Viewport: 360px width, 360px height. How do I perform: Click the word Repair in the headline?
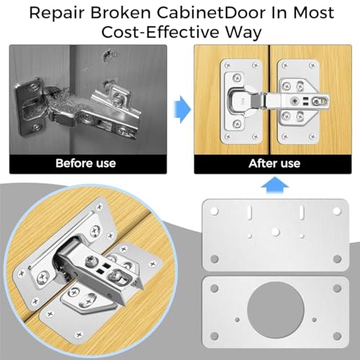57,13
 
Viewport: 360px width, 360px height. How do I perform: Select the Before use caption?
86,163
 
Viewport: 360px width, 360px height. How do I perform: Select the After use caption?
274,163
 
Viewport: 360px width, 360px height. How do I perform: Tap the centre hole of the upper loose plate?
276,232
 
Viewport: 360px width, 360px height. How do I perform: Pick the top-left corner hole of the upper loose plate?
215,211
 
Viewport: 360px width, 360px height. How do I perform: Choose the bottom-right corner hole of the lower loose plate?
337,336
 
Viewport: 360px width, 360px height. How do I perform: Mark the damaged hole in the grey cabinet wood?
109,56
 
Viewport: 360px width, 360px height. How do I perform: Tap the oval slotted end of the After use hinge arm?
320,102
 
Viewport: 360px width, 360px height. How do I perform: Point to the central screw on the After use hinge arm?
294,101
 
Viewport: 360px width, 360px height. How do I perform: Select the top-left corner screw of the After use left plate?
228,65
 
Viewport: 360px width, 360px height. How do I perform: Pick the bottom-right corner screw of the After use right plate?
312,137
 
